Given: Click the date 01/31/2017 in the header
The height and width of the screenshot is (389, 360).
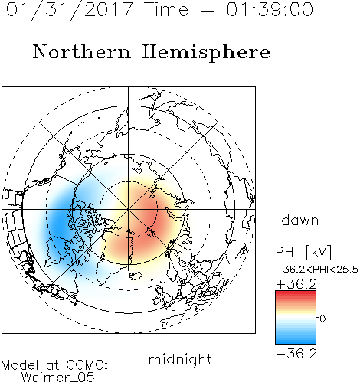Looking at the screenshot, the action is pyautogui.click(x=69, y=10).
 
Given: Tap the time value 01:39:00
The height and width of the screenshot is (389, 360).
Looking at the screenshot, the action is pyautogui.click(x=270, y=9).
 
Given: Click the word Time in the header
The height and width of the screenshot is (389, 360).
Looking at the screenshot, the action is pyautogui.click(x=166, y=9).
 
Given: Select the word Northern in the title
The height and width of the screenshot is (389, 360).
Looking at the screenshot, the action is pyautogui.click(x=82, y=51).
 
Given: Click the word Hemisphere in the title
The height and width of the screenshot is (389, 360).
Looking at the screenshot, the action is pyautogui.click(x=206, y=53).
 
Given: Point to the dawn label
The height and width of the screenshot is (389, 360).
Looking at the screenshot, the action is pyautogui.click(x=300, y=220).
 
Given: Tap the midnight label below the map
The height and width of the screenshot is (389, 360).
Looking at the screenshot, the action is pyautogui.click(x=180, y=359).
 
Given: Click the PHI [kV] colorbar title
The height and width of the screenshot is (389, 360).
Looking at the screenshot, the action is pyautogui.click(x=303, y=252).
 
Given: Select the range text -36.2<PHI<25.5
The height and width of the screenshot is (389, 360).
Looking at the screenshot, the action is pyautogui.click(x=317, y=270).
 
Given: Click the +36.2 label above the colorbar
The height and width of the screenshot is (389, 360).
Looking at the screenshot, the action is pyautogui.click(x=296, y=284).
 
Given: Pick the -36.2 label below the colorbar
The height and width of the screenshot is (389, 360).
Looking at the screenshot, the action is pyautogui.click(x=296, y=354).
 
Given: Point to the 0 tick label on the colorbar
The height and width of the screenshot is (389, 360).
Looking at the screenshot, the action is pyautogui.click(x=322, y=319).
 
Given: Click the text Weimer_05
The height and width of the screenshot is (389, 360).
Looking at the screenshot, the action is pyautogui.click(x=58, y=377).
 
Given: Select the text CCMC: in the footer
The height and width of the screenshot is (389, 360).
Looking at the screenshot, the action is pyautogui.click(x=87, y=365).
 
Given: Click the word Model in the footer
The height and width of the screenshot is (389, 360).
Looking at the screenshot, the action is pyautogui.click(x=20, y=365).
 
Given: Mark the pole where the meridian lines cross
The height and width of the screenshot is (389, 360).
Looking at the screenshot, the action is pyautogui.click(x=129, y=209).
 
